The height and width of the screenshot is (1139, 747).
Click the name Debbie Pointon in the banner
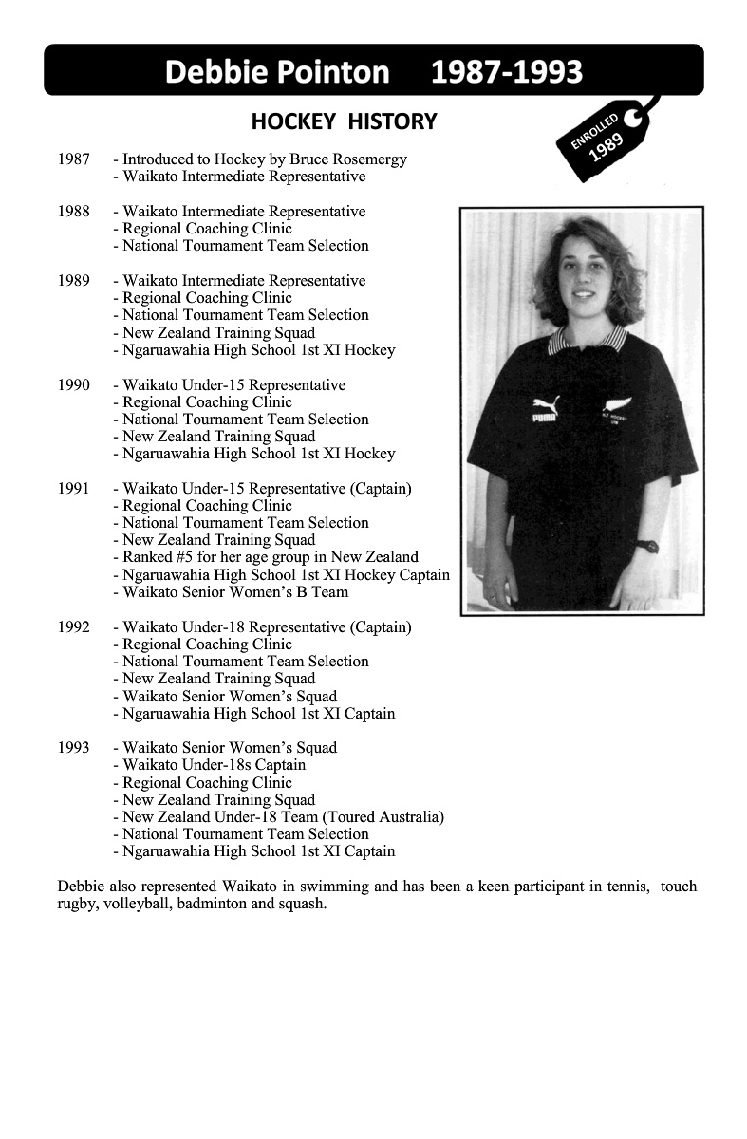pyautogui.click(x=277, y=71)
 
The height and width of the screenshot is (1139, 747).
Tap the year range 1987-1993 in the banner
pyautogui.click(x=507, y=71)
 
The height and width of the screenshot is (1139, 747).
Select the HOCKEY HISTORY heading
pyautogui.click(x=344, y=121)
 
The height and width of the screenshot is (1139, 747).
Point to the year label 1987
pyautogui.click(x=73, y=159)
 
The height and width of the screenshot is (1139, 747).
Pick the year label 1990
pyautogui.click(x=73, y=385)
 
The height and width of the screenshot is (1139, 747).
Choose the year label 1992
pyautogui.click(x=73, y=627)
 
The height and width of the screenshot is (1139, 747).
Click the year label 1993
pyautogui.click(x=73, y=748)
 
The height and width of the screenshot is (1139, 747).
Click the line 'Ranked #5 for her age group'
pyautogui.click(x=270, y=557)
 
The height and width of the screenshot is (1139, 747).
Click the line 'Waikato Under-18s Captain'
pyautogui.click(x=214, y=765)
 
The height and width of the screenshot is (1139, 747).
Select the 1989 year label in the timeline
pyautogui.click(x=73, y=281)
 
